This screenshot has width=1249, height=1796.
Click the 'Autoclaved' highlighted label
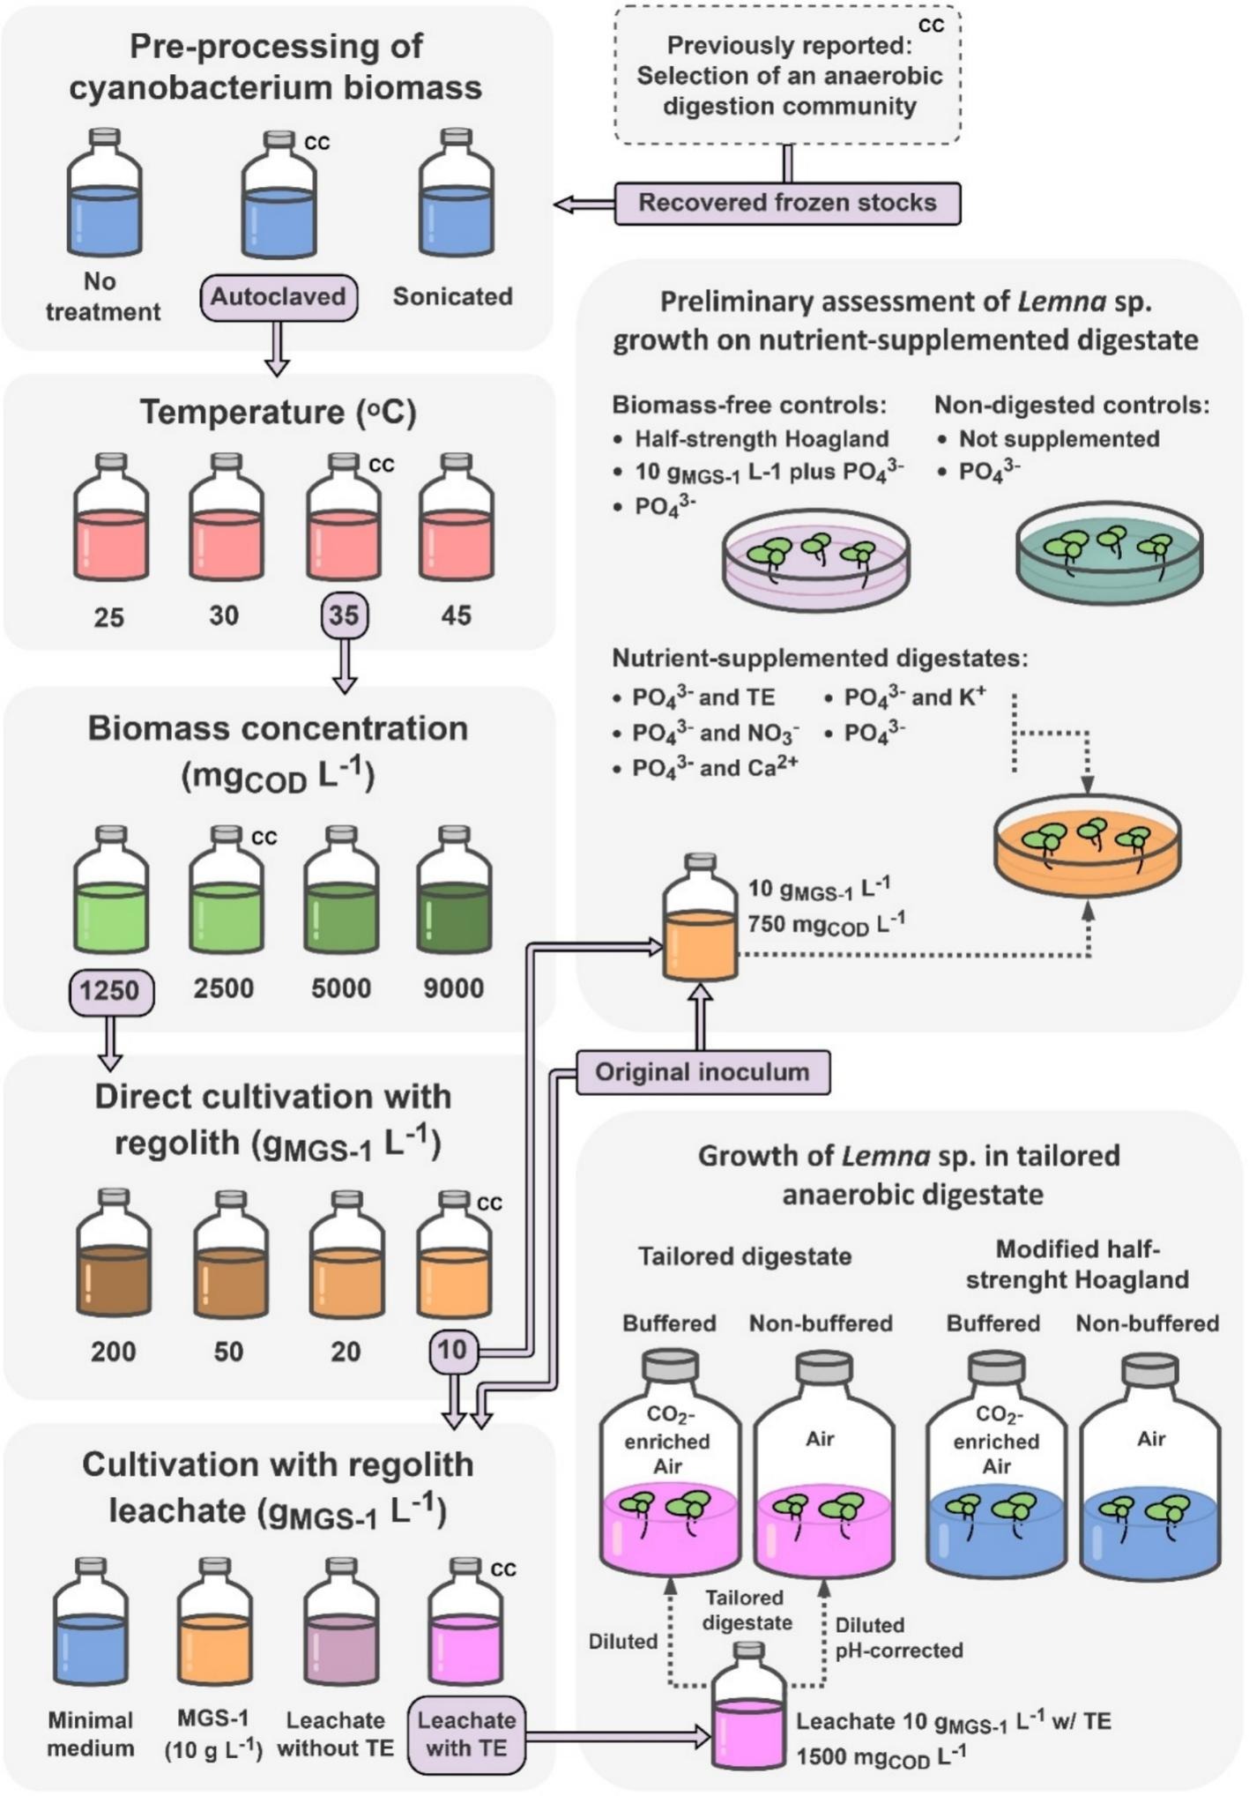tap(278, 297)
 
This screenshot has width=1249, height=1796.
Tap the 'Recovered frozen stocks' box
tap(787, 203)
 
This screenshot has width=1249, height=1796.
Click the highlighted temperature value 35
tap(344, 615)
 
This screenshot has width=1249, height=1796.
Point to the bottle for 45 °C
tap(456, 525)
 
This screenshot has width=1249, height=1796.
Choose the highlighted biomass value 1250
tap(111, 990)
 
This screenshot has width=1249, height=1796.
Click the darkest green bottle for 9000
tap(454, 897)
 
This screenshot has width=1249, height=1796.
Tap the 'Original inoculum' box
tap(703, 1072)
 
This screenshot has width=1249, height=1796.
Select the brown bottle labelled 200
tap(114, 1261)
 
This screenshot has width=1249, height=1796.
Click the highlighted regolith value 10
tap(453, 1349)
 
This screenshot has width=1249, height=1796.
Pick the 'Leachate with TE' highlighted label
tap(466, 1733)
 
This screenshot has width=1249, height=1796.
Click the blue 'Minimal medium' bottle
tap(91, 1628)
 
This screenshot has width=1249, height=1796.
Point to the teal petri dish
tap(1109, 555)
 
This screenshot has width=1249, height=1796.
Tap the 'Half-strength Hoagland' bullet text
tap(762, 439)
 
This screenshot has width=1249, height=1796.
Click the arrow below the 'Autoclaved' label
tap(278, 348)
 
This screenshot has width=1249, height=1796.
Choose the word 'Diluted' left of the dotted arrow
tap(623, 1641)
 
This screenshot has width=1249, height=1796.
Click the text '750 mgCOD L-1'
tap(826, 923)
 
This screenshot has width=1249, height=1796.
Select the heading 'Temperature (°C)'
tap(278, 412)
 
